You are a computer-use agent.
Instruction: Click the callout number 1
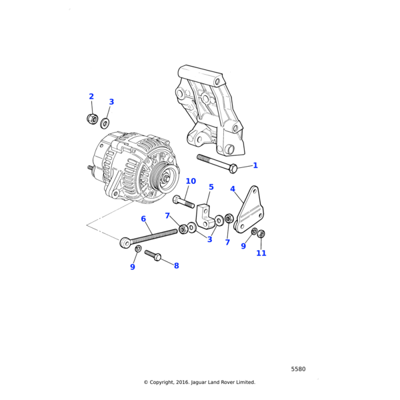click(x=255, y=165)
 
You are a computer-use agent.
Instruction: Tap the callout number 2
click(x=91, y=97)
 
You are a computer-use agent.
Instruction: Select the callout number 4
click(x=233, y=189)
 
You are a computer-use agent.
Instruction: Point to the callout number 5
click(x=211, y=187)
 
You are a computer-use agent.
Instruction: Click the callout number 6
click(x=143, y=219)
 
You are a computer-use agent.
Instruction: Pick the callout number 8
click(x=176, y=266)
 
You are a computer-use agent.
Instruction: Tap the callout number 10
click(x=191, y=181)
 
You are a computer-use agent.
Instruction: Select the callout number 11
click(x=261, y=253)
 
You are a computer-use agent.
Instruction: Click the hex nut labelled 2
click(x=93, y=119)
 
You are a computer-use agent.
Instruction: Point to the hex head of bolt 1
click(x=233, y=169)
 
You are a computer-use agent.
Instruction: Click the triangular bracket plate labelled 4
click(x=249, y=210)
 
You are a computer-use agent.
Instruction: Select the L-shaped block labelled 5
click(x=205, y=216)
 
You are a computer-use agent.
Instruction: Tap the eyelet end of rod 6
click(x=125, y=243)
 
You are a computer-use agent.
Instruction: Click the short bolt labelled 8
click(x=153, y=255)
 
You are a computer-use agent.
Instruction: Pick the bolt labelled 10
click(x=183, y=202)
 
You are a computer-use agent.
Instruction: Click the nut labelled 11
click(x=261, y=234)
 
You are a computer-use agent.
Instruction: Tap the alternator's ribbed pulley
click(x=164, y=178)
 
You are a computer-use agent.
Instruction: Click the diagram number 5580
click(x=298, y=369)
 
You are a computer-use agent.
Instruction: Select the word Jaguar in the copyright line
click(x=199, y=383)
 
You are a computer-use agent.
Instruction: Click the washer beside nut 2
click(x=105, y=123)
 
